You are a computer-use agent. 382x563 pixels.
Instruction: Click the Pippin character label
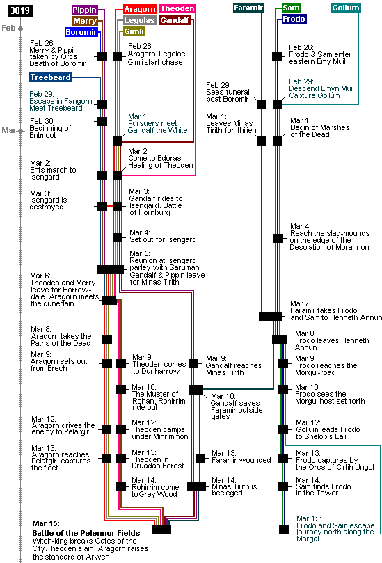click(x=85, y=10)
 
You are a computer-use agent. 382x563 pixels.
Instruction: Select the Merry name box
click(x=85, y=21)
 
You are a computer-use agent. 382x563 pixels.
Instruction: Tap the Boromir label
click(x=82, y=32)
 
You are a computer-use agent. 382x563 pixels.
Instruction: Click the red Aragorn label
click(x=140, y=9)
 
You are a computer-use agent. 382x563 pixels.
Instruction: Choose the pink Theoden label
click(x=177, y=9)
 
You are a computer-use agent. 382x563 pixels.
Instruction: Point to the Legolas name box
click(x=139, y=20)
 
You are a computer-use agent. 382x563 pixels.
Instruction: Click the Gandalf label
click(x=175, y=20)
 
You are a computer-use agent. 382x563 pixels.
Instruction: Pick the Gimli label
click(x=134, y=31)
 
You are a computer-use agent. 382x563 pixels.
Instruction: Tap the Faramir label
click(x=248, y=8)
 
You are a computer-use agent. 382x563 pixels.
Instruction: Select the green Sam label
click(x=291, y=8)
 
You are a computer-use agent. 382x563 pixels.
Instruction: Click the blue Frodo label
click(x=294, y=19)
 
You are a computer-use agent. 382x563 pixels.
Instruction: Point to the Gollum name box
click(x=346, y=8)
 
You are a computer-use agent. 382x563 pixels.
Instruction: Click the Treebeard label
click(x=51, y=77)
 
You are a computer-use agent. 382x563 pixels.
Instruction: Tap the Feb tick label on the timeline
click(x=8, y=28)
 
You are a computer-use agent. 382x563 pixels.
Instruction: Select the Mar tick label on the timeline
click(x=8, y=130)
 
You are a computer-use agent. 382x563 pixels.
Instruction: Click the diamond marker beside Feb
click(x=21, y=29)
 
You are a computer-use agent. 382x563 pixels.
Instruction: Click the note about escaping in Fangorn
click(x=61, y=101)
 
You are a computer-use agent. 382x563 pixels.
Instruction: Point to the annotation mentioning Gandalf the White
click(x=157, y=123)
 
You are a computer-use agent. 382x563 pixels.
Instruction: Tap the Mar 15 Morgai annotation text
click(x=335, y=528)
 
